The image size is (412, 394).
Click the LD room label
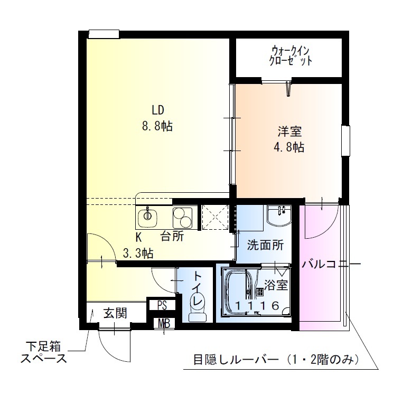pyautogui.click(x=159, y=110)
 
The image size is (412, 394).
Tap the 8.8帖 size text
pyautogui.click(x=159, y=127)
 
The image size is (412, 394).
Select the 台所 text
pyautogui.click(x=172, y=237)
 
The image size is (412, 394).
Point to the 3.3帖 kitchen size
pyautogui.click(x=138, y=254)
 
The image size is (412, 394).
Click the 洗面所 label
pyautogui.click(x=265, y=245)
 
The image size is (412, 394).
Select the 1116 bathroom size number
pyautogui.click(x=257, y=305)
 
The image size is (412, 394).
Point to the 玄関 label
pyautogui.click(x=115, y=313)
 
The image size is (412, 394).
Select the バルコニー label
pyautogui.click(x=331, y=265)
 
